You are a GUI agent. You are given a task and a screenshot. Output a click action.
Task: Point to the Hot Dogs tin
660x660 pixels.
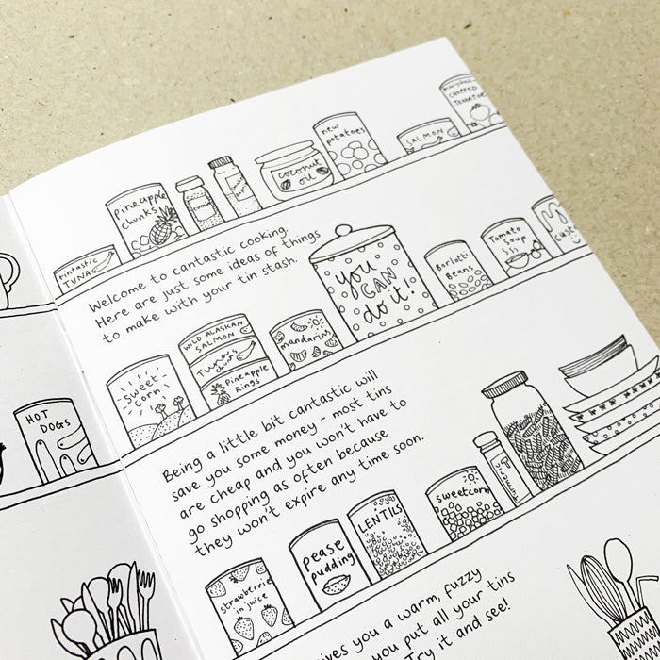pos(53,437)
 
